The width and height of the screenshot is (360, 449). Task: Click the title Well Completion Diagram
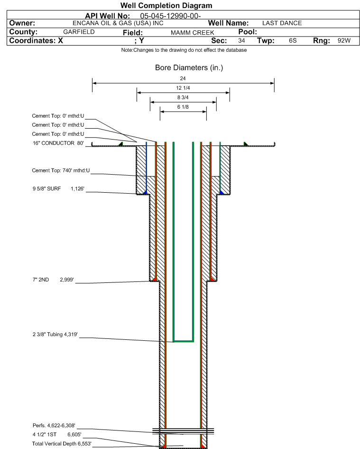pos(166,6)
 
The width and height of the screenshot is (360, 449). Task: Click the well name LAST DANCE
pos(282,23)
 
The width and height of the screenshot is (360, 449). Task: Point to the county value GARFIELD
pos(79,32)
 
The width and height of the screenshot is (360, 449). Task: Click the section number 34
pos(241,41)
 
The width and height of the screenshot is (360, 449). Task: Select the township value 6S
pos(293,41)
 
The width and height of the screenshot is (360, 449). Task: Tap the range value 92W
pos(344,41)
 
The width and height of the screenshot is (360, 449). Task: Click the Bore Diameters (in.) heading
pos(189,68)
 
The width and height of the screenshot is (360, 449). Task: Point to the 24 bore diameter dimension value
pos(183,78)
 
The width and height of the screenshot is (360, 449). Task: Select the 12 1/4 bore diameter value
pos(183,88)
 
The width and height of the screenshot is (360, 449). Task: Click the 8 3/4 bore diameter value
pos(183,97)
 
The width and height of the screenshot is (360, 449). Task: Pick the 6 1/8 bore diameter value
pos(183,107)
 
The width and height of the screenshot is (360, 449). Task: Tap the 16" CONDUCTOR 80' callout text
pos(58,143)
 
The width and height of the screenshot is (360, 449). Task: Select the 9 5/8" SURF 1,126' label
pos(58,189)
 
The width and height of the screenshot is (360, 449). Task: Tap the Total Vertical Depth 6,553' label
pos(61,443)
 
